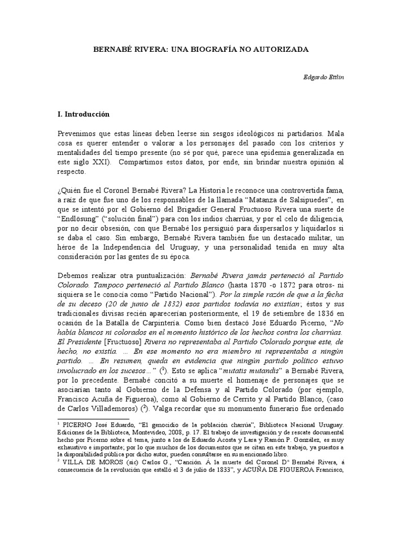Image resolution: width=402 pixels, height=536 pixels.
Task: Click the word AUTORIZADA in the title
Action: [x=282, y=49]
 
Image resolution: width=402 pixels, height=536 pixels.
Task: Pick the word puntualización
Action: [x=149, y=275]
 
